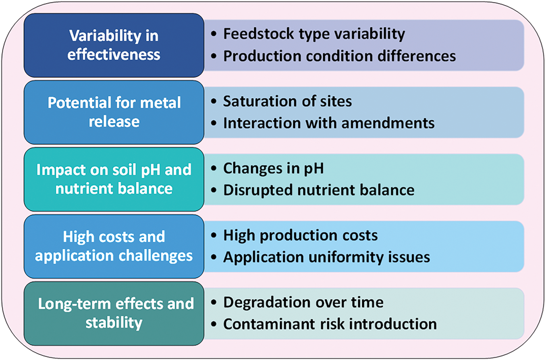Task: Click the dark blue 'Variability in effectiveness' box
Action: tap(114, 46)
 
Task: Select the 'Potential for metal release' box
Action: tap(114, 112)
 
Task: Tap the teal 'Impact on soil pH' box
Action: tap(114, 179)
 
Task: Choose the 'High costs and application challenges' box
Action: tap(114, 246)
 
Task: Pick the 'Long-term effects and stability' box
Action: tap(114, 313)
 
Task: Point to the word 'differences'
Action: tap(417, 56)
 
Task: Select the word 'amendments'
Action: tap(388, 123)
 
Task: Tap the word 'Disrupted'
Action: tap(258, 190)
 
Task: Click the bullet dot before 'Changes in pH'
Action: tap(214, 168)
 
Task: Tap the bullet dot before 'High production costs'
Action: tap(214, 235)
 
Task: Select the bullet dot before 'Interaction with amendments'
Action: tap(214, 123)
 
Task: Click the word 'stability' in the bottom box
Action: tap(114, 323)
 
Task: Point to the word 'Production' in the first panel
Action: tap(262, 56)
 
